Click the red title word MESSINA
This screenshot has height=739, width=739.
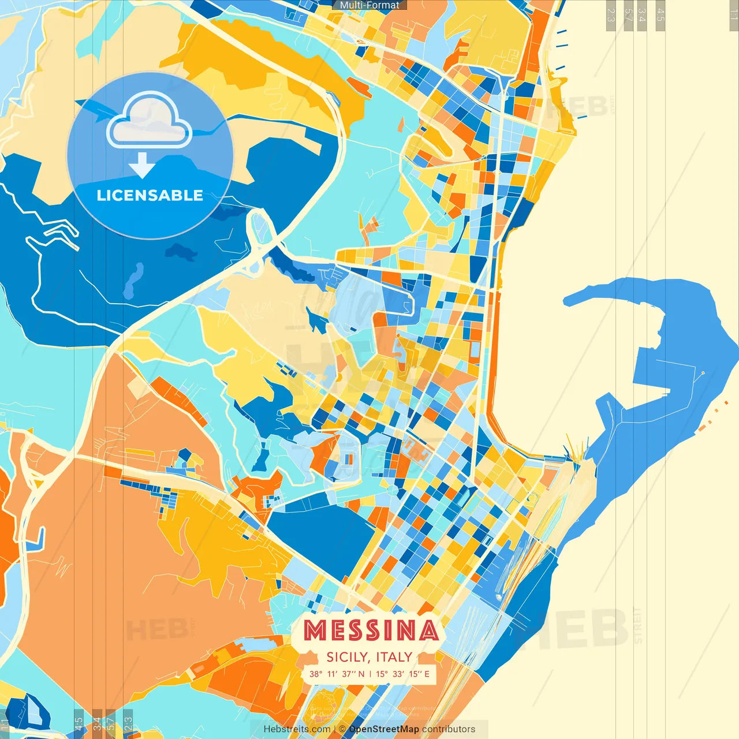pos(370,630)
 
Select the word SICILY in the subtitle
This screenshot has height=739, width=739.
pos(347,657)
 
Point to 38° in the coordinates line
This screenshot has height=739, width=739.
pos(315,674)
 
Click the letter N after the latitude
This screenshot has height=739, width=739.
pos(361,674)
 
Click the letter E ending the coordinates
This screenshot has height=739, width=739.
pos(427,674)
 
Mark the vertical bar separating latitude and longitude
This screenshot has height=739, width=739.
pos(370,674)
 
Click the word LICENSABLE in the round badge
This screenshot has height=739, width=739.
pos(150,195)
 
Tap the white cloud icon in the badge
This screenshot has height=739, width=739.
pos(149,120)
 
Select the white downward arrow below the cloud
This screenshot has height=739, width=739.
pos(142,165)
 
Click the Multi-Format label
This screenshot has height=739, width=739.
pos(369,5)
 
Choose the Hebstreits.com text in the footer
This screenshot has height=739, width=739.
pos(297,729)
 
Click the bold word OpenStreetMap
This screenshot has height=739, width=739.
pos(384,729)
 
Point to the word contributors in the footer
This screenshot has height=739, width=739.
pos(449,729)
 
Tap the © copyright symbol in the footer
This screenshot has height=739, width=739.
pos(342,729)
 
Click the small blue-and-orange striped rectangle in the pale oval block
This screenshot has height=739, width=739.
pos(348,459)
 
